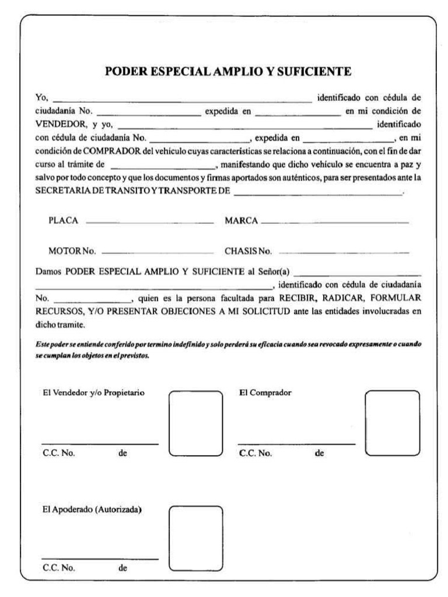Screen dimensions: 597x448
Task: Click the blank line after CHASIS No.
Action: tap(344, 252)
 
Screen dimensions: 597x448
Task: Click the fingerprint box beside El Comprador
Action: tap(391, 423)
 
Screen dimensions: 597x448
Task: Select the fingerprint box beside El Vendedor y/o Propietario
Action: tap(195, 423)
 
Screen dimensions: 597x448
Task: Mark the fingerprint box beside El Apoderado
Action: tap(195, 537)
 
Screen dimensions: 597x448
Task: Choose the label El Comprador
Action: tap(265, 392)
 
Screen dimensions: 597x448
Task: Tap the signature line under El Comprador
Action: tap(296, 444)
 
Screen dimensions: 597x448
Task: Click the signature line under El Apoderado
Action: tap(100, 559)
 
